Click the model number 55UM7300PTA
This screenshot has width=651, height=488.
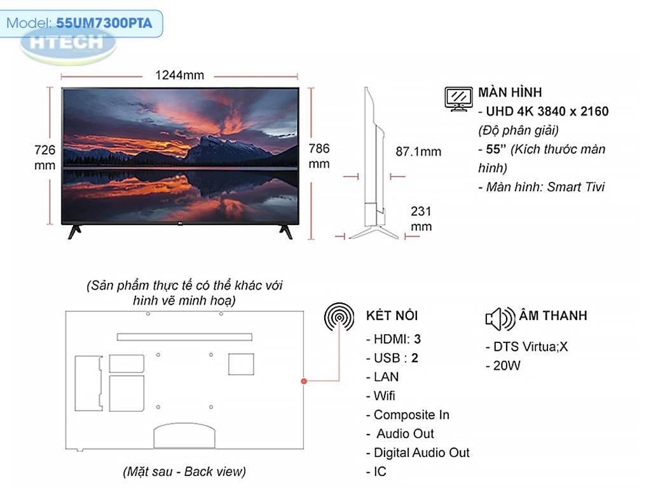pos(104,23)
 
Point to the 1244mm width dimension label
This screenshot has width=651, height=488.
pos(179,75)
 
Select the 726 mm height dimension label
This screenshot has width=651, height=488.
pos(45,158)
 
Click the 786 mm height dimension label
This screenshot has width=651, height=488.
pos(319,156)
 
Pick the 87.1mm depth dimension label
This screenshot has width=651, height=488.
pos(418,151)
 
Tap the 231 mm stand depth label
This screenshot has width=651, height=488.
pos(421,219)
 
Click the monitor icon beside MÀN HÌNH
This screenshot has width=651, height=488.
pos(458,98)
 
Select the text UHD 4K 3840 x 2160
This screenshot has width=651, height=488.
pos(547,111)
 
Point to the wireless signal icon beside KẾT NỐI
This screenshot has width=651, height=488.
pos(339,318)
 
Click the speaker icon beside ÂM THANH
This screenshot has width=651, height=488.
pos(500,319)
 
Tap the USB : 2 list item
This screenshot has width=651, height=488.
pos(392,358)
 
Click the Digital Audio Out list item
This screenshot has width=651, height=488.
pos(418,452)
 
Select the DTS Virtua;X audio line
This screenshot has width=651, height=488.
pos(526,346)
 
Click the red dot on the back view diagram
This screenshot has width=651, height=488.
pos(304,381)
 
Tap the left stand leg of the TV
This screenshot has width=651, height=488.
pos(75,231)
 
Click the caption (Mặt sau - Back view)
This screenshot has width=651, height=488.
pos(184,471)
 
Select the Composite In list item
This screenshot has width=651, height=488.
pos(408,414)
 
